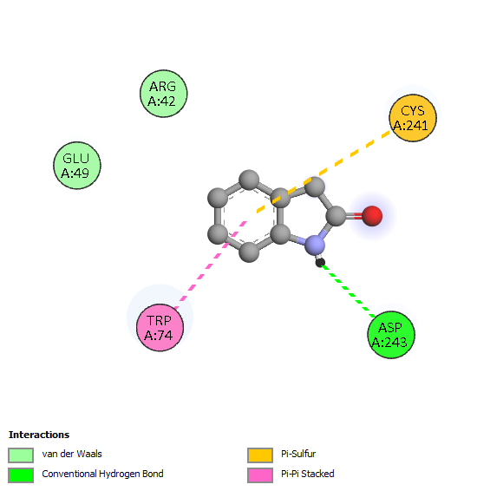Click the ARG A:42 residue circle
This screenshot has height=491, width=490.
coord(163,94)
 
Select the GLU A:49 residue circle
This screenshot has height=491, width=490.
coord(77,166)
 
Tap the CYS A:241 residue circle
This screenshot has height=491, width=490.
coord(413,118)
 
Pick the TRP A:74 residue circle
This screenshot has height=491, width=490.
coord(160,328)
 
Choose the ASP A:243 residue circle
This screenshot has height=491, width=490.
coord(391,335)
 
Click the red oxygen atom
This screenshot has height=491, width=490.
coord(372,216)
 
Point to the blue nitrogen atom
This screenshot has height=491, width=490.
coord(315,245)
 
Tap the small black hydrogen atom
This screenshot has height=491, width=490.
coord(320,262)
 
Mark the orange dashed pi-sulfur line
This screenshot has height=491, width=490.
coord(323,173)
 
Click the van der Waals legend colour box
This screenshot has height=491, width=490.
coord(21,455)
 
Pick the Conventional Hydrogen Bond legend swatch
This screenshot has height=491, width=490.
coord(21,475)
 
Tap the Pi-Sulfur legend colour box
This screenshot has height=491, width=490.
coord(260,455)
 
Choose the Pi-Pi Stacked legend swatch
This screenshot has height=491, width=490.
coord(260,475)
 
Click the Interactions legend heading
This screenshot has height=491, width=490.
coord(39,435)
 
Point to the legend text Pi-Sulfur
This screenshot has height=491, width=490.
coord(298,454)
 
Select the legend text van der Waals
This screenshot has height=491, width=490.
coord(72,454)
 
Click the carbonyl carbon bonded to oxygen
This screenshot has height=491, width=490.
coord(336,216)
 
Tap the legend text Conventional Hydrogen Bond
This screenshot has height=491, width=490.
coord(102,474)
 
